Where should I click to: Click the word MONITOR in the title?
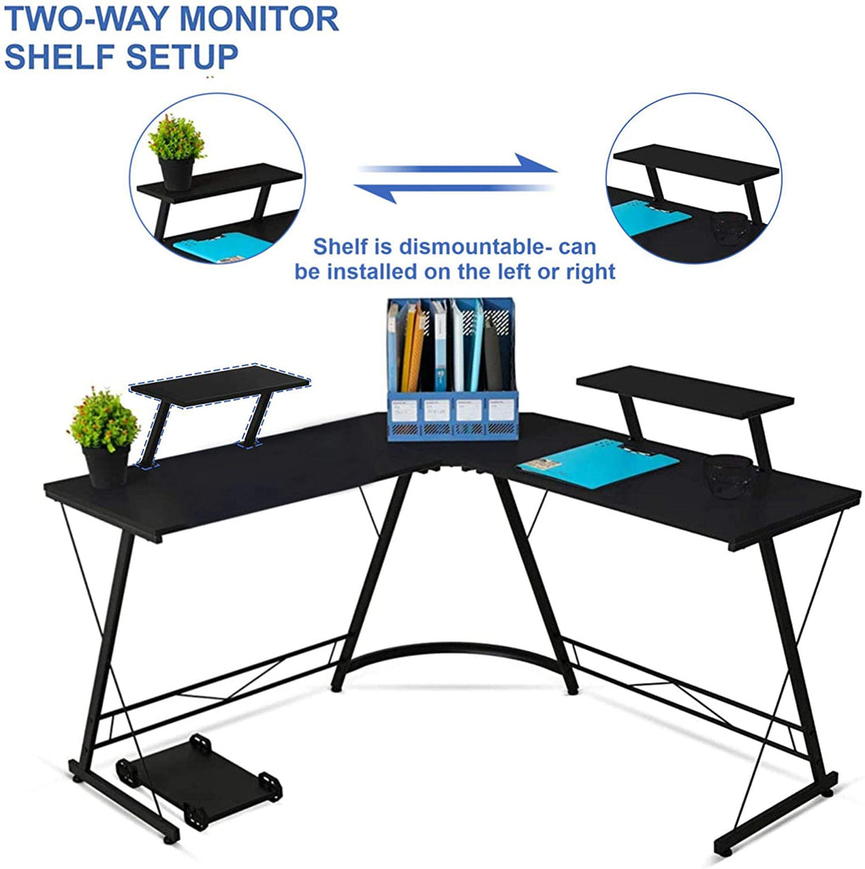tap(259, 19)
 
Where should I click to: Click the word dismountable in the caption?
tap(470, 246)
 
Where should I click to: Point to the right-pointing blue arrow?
tap(458, 166)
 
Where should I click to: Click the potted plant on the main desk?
tap(104, 438)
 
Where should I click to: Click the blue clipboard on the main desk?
tap(598, 463)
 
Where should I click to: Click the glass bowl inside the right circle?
tap(730, 227)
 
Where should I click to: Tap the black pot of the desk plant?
tap(106, 468)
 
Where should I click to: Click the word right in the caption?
tap(590, 272)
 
